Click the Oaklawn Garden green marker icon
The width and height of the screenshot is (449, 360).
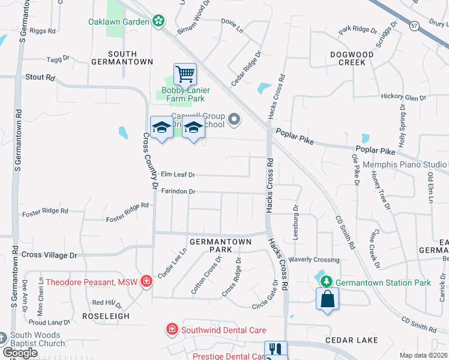[x=158, y=22]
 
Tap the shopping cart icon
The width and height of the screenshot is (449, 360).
[x=185, y=74]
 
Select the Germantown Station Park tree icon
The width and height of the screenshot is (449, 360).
[x=326, y=282]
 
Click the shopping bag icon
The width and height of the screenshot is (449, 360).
[x=328, y=299]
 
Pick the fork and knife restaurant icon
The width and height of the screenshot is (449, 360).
[x=276, y=350]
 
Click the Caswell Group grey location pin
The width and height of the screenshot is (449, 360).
[x=235, y=121]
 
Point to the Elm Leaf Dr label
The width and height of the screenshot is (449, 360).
[x=178, y=175]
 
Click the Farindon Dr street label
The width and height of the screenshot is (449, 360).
[x=178, y=191]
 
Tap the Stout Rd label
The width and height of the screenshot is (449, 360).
[x=40, y=77]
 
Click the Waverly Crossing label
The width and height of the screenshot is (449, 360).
[x=314, y=260]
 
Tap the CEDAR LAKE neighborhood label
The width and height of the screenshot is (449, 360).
[x=352, y=340]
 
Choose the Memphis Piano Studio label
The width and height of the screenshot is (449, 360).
[x=409, y=164]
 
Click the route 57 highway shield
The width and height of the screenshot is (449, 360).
[x=414, y=26]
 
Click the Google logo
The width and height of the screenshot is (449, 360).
[x=20, y=352]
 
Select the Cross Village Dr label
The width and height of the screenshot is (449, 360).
[x=50, y=254]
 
